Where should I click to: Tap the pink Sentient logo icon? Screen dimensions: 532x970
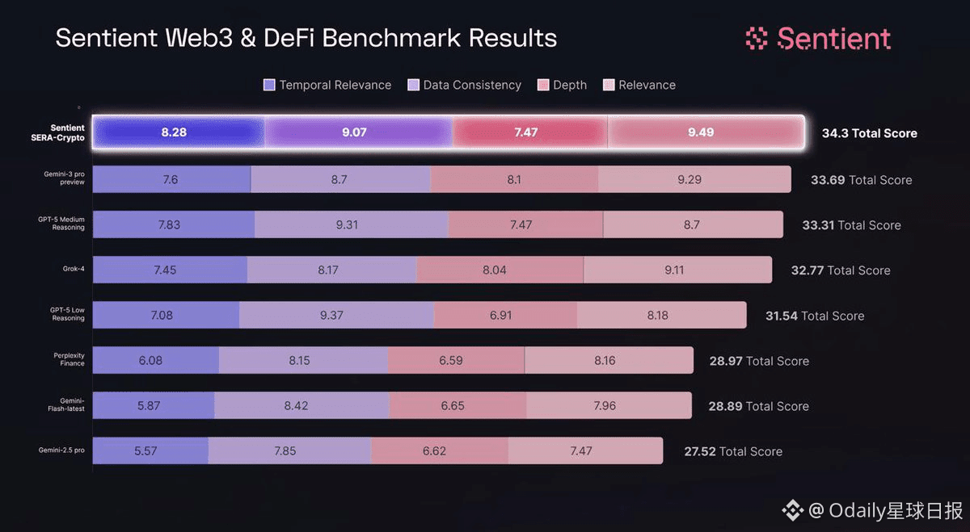click(x=756, y=38)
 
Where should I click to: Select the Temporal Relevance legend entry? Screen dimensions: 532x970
click(x=327, y=85)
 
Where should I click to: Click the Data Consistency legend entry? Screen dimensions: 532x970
click(x=465, y=85)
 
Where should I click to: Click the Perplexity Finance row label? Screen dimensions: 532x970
click(x=70, y=359)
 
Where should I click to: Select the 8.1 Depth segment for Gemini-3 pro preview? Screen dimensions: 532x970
click(x=514, y=180)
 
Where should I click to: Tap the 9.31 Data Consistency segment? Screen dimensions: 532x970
click(x=347, y=225)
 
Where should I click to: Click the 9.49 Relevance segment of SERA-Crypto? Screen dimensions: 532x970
click(x=701, y=132)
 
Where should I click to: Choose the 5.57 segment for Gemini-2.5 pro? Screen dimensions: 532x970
click(x=145, y=451)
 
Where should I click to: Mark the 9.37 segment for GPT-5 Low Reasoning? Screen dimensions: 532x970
click(x=331, y=316)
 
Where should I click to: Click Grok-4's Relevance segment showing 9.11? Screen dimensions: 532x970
click(x=674, y=270)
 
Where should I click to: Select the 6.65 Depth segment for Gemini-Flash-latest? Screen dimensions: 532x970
click(x=453, y=406)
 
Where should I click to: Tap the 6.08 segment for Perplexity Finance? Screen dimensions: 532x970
click(x=150, y=361)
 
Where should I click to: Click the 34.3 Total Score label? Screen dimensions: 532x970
click(x=869, y=133)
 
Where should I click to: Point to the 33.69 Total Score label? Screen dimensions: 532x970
click(x=861, y=180)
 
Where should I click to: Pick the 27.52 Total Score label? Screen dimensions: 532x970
click(x=733, y=451)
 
